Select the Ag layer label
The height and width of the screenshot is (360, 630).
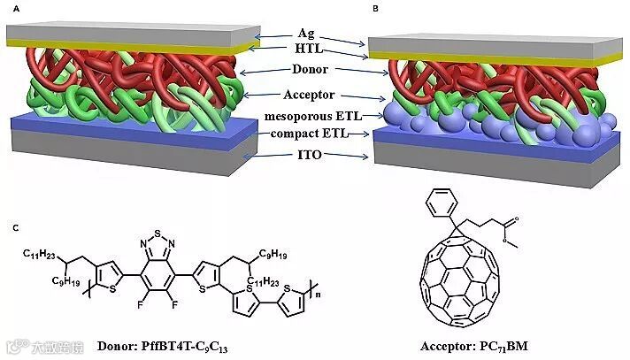pyautogui.click(x=306, y=34)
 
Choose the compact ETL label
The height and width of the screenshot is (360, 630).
pyautogui.click(x=306, y=134)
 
